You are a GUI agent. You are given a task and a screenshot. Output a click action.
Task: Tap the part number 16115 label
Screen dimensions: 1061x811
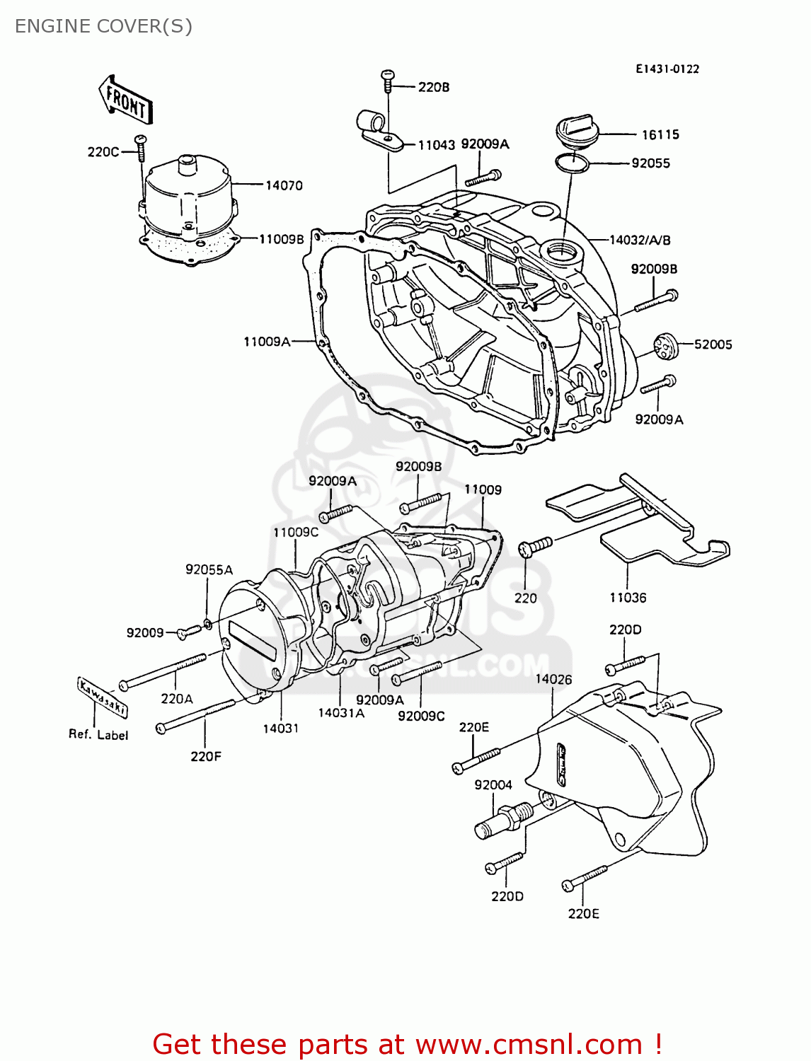[660, 134]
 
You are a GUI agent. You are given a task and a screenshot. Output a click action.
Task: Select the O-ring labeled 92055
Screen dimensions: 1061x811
[572, 163]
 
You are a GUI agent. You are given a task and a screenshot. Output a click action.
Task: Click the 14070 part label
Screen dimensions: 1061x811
[284, 185]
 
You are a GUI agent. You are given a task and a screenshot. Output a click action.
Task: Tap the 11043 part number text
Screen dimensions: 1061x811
[436, 145]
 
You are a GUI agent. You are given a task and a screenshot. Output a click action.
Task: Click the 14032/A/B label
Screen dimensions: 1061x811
[640, 240]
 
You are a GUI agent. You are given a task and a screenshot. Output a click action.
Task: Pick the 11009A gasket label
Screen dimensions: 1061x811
[267, 342]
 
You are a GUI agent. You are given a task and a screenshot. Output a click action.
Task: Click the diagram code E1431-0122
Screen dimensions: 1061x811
[667, 69]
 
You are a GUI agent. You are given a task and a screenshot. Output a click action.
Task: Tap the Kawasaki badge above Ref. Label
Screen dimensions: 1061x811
[102, 697]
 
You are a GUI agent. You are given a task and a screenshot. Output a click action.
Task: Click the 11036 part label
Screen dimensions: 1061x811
[628, 598]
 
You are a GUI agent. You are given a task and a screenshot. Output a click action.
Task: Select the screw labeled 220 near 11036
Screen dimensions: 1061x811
[534, 546]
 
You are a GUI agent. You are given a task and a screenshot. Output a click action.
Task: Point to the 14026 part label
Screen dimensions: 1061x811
[553, 679]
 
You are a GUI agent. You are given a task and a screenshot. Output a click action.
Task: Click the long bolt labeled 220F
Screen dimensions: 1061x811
[195, 715]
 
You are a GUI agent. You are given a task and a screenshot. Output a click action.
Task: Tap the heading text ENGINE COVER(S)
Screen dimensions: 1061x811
[103, 26]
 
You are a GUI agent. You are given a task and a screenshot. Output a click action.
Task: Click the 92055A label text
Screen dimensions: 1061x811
[209, 569]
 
